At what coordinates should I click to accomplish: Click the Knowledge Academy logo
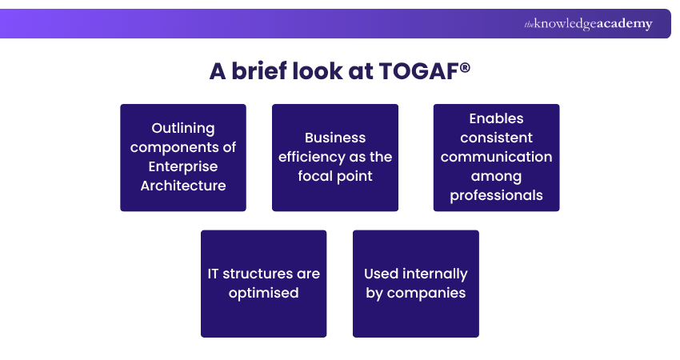coord(588,24)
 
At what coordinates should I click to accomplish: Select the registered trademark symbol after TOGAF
coord(465,66)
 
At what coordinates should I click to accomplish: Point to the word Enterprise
coord(183,166)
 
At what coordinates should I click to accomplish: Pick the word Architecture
coord(183,186)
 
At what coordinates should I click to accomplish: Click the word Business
coord(335,138)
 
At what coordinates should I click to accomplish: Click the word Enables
coord(496,118)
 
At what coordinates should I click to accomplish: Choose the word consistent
coord(496,138)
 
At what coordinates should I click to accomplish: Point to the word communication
coord(496,157)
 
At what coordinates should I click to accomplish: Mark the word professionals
coord(496,195)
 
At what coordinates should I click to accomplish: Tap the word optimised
coord(263,293)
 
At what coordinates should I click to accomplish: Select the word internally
coord(435,274)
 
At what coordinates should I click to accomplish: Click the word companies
coord(426,293)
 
